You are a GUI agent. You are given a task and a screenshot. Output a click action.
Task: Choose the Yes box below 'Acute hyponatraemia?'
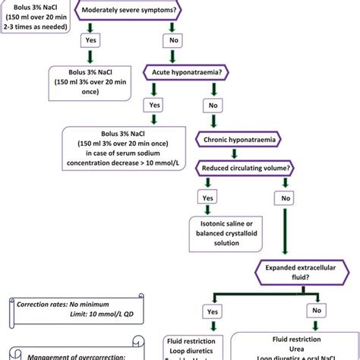pyautogui.click(x=154, y=106)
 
